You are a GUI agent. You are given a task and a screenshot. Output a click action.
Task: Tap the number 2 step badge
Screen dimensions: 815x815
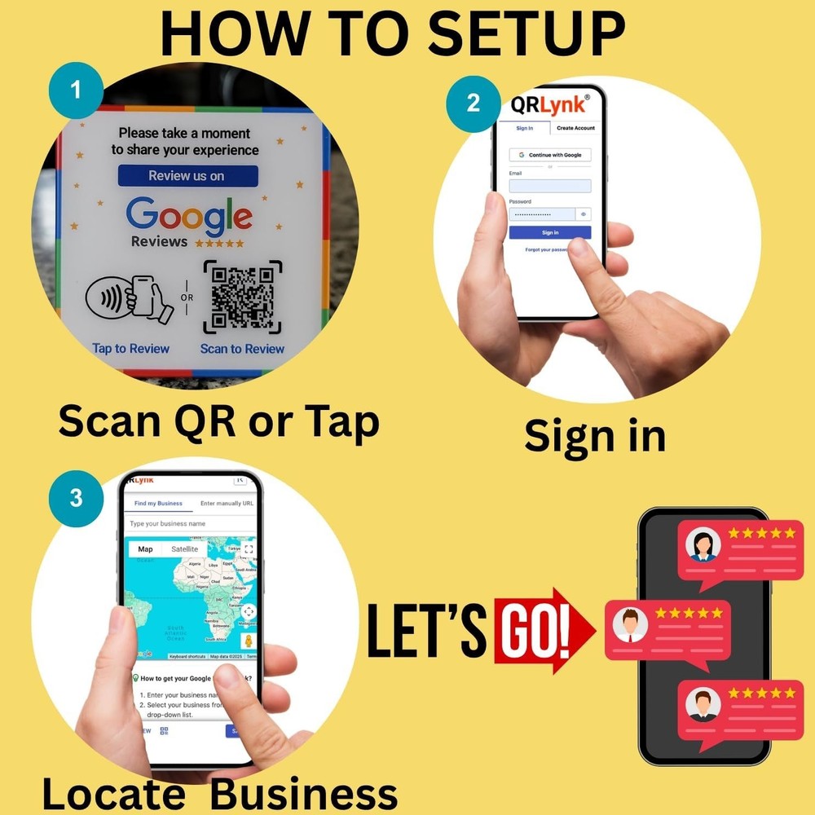click(x=473, y=104)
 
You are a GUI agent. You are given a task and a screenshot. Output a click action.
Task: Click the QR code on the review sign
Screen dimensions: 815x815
click(x=242, y=297)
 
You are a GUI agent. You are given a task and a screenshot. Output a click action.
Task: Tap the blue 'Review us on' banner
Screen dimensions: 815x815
click(x=187, y=176)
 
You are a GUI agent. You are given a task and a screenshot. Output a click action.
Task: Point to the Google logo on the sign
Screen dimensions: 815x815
click(x=189, y=215)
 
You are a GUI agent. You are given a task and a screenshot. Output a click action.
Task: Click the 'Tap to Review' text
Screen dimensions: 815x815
click(x=131, y=349)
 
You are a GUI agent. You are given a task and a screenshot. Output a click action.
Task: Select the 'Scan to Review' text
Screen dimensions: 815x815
click(x=242, y=349)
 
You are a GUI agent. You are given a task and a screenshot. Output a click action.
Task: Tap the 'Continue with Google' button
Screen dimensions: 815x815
click(x=550, y=155)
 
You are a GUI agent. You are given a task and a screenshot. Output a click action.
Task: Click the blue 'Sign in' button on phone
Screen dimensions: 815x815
click(x=550, y=232)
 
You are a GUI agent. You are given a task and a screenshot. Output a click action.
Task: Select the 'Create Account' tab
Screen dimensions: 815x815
click(x=575, y=128)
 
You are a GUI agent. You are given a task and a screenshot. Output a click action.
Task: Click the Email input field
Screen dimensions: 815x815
click(x=550, y=186)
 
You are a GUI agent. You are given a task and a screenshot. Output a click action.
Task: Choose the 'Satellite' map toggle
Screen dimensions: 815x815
click(x=184, y=549)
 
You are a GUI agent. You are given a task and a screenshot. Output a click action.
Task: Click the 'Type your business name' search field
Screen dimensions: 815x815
click(x=189, y=523)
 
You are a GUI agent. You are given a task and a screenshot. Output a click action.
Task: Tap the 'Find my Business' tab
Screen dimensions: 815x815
click(x=158, y=504)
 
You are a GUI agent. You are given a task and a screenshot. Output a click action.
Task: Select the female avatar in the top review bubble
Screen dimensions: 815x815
click(x=703, y=544)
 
